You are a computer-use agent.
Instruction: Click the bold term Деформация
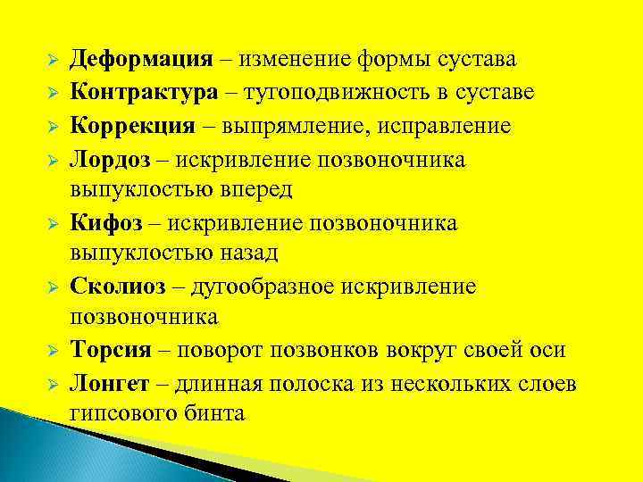141,60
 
